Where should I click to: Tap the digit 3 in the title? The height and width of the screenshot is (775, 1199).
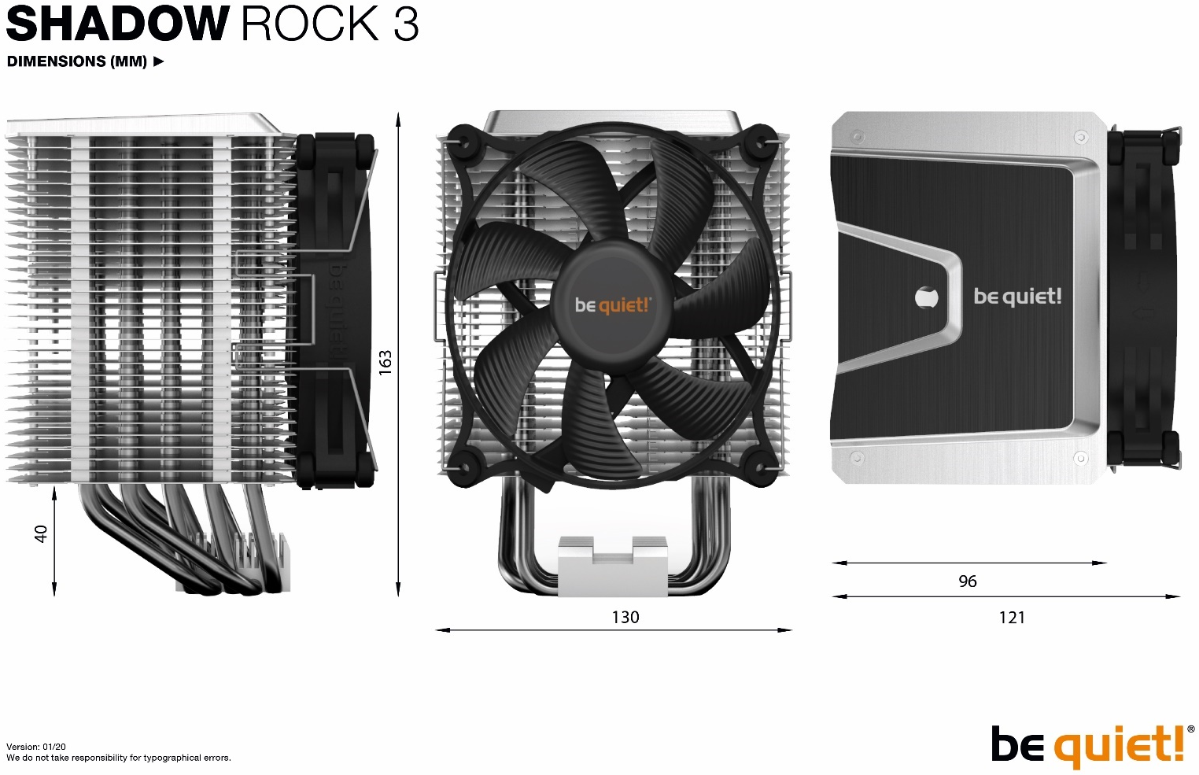coord(406,24)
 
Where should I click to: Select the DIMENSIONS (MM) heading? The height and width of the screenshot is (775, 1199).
coord(77,61)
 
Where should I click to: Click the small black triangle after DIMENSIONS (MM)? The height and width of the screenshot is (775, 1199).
coord(158,61)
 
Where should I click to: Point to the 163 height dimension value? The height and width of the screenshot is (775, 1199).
coord(386,363)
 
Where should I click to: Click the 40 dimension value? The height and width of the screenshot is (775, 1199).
coord(41,533)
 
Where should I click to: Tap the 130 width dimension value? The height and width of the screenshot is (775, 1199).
coord(625,617)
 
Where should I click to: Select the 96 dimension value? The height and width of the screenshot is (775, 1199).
coord(968,581)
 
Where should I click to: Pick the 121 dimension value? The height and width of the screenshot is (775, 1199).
coord(1012,618)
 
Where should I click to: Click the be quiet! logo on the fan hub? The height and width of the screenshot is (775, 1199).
coord(613,305)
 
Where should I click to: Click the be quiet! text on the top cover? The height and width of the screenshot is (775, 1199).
coord(1017,297)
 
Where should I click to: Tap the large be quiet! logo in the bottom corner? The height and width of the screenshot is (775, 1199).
coord(1087,746)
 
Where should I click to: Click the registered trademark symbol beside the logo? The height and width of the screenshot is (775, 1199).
coord(1190,729)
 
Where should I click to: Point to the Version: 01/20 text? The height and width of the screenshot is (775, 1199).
coord(36,747)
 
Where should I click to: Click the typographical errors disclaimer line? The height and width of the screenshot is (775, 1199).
coord(119,758)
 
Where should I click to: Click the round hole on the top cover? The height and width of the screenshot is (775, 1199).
coord(927,297)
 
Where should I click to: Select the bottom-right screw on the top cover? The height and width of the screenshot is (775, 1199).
coord(1081,458)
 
